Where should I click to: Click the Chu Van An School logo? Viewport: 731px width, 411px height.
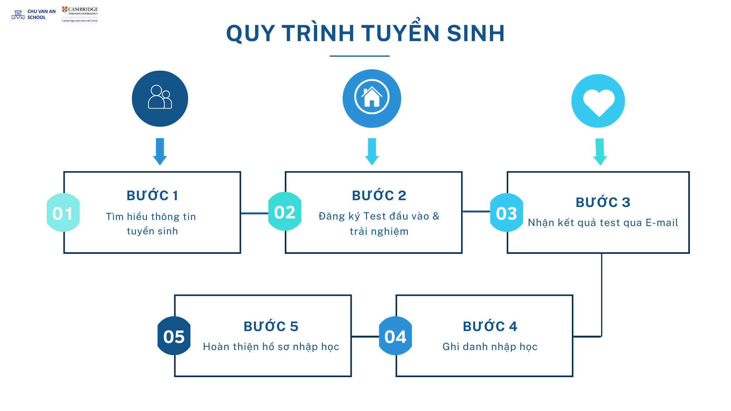click(34, 14)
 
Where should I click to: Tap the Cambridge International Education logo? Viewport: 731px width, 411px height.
click(80, 14)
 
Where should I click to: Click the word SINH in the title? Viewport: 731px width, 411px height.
click(476, 33)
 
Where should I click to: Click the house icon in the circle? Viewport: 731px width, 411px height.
click(372, 97)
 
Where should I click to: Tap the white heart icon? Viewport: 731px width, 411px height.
click(599, 102)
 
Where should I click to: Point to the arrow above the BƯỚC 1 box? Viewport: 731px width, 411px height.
click(160, 151)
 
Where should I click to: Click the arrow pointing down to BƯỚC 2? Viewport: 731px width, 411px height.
click(372, 151)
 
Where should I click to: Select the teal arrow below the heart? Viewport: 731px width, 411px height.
click(600, 152)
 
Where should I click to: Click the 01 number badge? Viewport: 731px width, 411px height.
click(63, 213)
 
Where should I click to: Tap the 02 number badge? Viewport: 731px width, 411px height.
click(285, 212)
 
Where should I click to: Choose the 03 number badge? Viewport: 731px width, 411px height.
click(506, 213)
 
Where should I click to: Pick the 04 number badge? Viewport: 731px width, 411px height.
click(396, 336)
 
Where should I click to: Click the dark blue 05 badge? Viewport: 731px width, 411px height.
click(174, 336)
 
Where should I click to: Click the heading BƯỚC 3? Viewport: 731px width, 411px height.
click(603, 202)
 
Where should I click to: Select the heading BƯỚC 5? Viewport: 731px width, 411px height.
click(271, 327)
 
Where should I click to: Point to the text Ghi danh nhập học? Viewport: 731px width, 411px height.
click(490, 347)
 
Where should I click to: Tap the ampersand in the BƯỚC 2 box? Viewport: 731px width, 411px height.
click(436, 216)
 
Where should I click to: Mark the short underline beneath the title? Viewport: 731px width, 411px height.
click(359, 56)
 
